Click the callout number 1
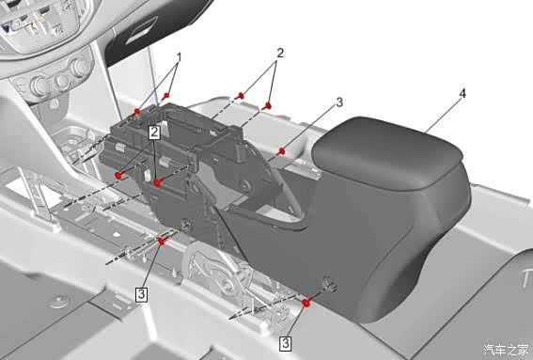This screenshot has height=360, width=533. (x=179, y=57)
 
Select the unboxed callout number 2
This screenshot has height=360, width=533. (x=280, y=54)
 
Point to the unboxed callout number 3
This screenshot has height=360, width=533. (x=339, y=102)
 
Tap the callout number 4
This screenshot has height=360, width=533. (x=462, y=93)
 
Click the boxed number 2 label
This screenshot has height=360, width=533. (x=154, y=133)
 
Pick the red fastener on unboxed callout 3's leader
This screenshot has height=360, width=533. (x=281, y=151)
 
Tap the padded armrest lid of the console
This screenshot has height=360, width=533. (x=387, y=152)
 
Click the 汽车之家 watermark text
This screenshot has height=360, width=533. (x=506, y=350)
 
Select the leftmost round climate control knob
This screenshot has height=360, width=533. (x=39, y=86)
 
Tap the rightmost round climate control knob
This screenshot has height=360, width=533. (x=80, y=68)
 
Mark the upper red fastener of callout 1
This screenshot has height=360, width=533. (x=165, y=96)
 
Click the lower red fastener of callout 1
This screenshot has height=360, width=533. (x=137, y=111)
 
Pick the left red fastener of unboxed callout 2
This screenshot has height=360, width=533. (x=241, y=96)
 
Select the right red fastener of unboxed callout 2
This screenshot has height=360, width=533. (x=268, y=106)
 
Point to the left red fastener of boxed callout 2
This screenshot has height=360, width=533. (x=119, y=176)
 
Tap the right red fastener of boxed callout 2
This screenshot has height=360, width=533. (x=157, y=183)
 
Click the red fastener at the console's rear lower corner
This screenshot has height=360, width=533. (x=306, y=303)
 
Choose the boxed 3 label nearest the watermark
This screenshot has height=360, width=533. (x=285, y=343)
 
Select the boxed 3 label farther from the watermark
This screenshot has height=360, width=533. (x=141, y=294)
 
